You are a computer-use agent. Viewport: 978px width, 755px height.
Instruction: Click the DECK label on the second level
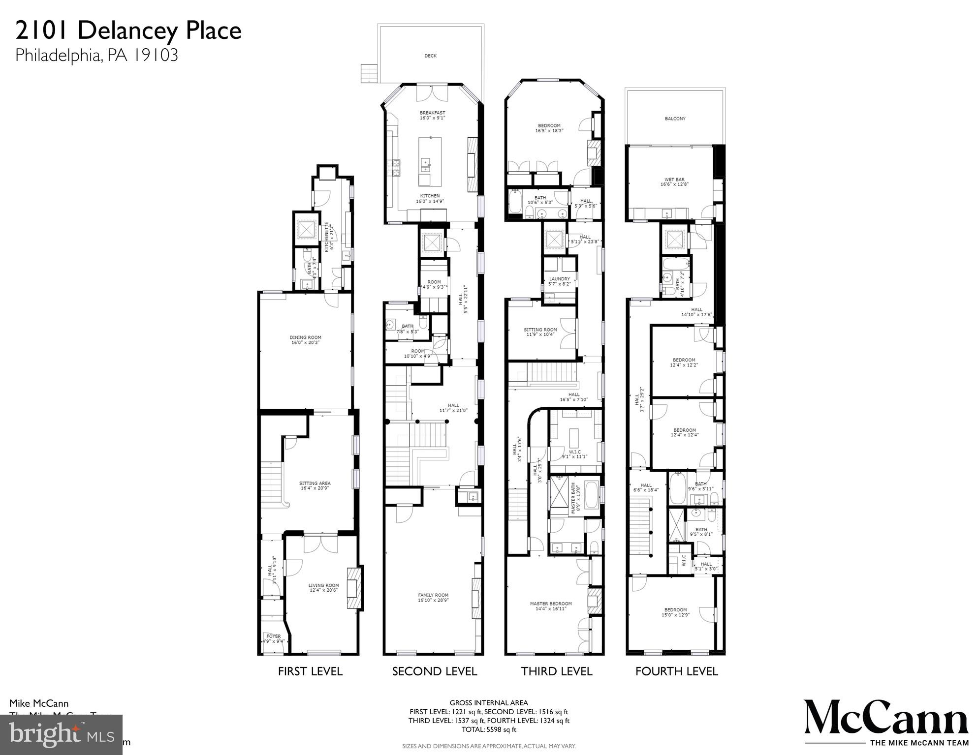pyautogui.click(x=430, y=56)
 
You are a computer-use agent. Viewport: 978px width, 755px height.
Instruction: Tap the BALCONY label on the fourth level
pyautogui.click(x=675, y=119)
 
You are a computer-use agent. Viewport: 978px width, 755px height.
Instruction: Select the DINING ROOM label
pyautogui.click(x=305, y=340)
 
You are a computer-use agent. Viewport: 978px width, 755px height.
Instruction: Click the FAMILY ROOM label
pyautogui.click(x=433, y=598)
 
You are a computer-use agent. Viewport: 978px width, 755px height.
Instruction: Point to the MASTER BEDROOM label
pyautogui.click(x=551, y=606)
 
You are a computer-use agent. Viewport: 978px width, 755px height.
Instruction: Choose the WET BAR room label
pyautogui.click(x=674, y=182)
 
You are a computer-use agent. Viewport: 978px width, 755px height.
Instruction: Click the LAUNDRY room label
pyautogui.click(x=560, y=281)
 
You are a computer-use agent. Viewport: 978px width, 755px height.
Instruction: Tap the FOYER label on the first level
pyautogui.click(x=273, y=638)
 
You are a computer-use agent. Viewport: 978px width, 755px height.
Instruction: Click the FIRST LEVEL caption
pyautogui.click(x=310, y=671)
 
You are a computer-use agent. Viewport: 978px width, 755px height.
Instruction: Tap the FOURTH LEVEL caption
pyautogui.click(x=676, y=671)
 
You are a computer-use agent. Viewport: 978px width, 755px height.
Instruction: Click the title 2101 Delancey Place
pyautogui.click(x=128, y=30)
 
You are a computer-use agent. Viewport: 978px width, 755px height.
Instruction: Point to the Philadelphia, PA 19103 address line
pyautogui.click(x=96, y=55)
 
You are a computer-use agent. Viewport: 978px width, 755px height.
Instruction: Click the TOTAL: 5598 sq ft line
pyautogui.click(x=488, y=729)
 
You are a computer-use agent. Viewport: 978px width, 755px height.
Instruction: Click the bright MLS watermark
pyautogui.click(x=61, y=735)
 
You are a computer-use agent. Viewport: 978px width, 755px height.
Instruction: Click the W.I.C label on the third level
pyautogui.click(x=574, y=454)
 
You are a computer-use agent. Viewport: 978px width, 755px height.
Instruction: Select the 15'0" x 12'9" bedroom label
pyautogui.click(x=675, y=612)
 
